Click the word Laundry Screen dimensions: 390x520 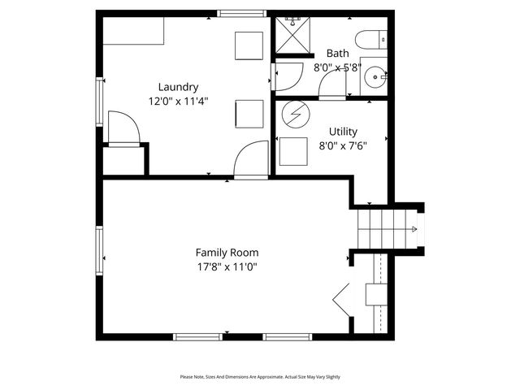178,87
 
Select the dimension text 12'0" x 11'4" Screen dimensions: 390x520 178,102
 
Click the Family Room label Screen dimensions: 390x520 227,252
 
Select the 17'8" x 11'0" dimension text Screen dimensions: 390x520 227,266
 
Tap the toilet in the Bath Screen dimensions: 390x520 371,40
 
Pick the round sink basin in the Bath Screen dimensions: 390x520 375,79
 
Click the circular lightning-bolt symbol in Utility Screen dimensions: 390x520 294,115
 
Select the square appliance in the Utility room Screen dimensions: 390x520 293,152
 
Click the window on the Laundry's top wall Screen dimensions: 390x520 242,13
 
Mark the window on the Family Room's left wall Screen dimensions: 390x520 99,251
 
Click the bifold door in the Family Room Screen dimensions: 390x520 342,301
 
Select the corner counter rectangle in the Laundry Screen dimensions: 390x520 133,32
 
